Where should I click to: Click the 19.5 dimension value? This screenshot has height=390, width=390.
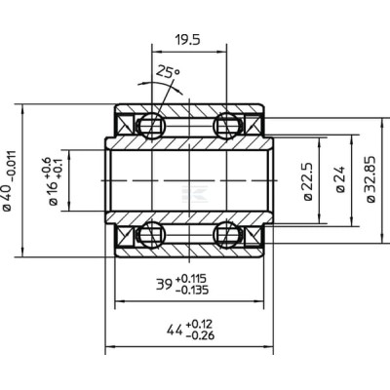(187, 40)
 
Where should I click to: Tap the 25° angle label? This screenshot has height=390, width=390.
(168, 71)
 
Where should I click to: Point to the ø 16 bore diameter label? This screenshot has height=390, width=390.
(53, 192)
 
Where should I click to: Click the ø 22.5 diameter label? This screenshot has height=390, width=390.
(308, 181)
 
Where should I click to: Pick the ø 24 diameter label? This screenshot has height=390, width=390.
(340, 179)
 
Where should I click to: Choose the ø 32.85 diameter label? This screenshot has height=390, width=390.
(370, 179)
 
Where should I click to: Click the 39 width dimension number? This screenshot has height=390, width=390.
(164, 285)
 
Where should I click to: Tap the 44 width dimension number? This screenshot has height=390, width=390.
(175, 331)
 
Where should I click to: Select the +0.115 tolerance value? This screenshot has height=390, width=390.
(191, 279)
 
